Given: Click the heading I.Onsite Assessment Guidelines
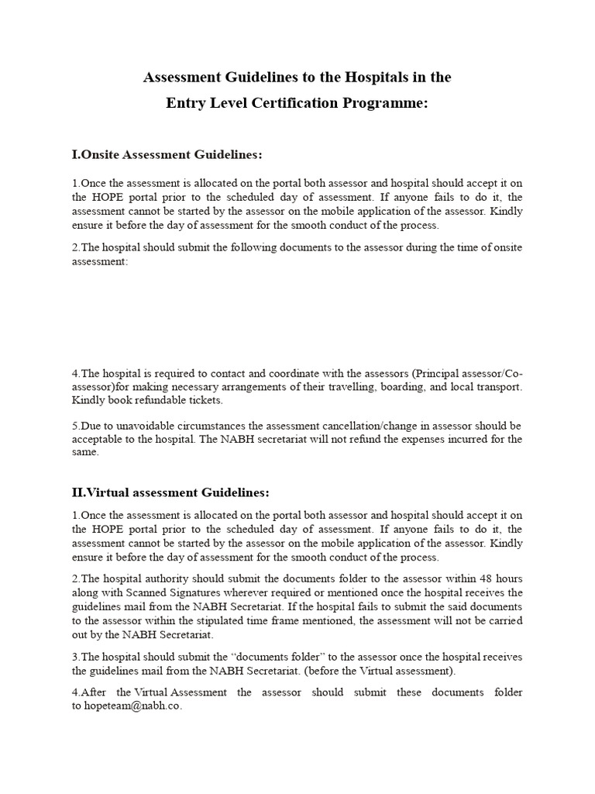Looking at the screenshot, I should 167,154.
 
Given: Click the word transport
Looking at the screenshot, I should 497,386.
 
